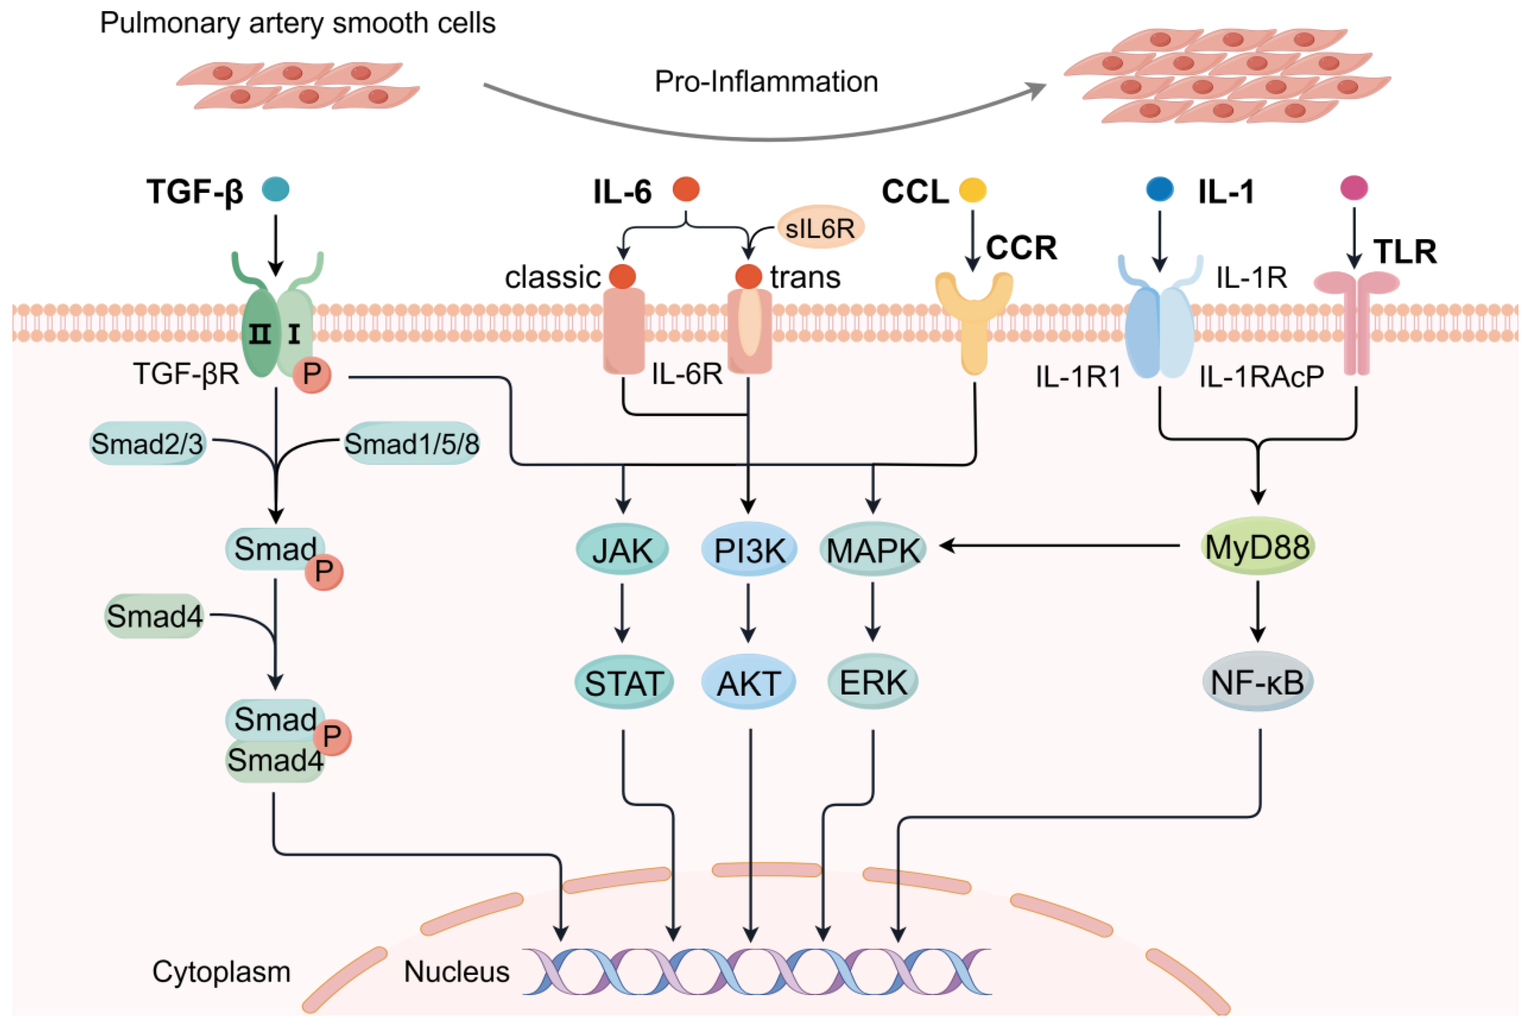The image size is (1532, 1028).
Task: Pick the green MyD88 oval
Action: [x=1257, y=546]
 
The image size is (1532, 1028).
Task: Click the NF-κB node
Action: [x=1257, y=682]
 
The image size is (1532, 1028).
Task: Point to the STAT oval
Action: [x=624, y=683]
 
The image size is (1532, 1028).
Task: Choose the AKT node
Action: [x=749, y=683]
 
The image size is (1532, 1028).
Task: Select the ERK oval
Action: [x=873, y=682]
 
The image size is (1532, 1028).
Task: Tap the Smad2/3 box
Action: [x=147, y=443]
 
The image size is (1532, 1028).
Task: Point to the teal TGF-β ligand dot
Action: [x=275, y=190]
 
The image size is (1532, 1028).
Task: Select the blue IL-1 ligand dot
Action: [x=1160, y=189]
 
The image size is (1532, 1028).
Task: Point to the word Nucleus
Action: [x=456, y=972]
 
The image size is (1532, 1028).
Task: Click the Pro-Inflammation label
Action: [x=766, y=81]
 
